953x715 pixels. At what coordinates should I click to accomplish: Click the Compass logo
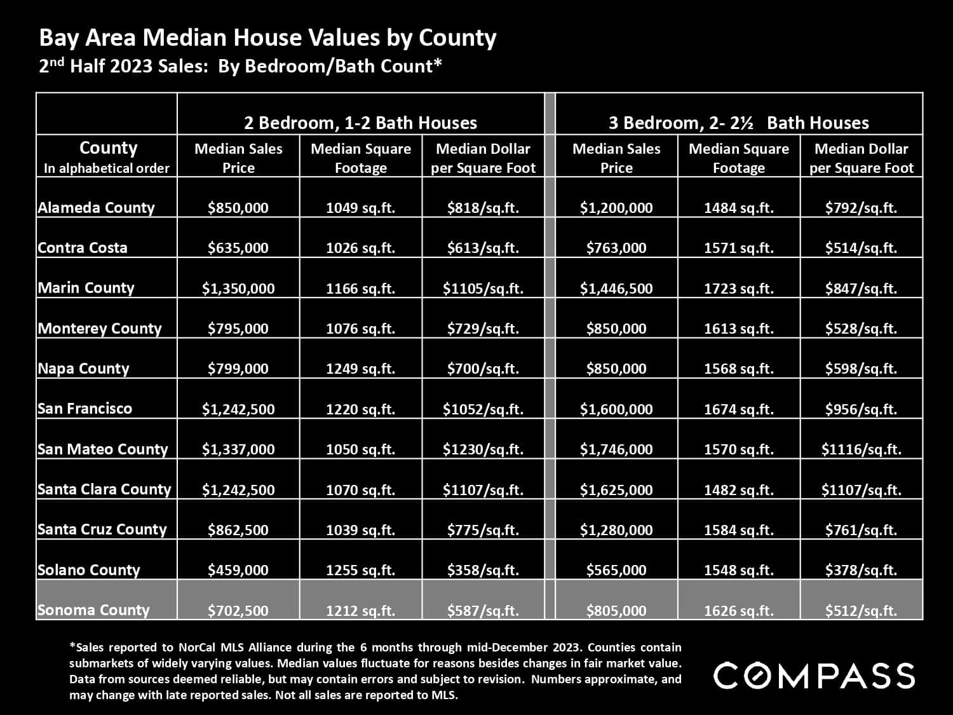coord(814,675)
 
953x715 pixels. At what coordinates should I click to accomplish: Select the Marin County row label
coord(86,288)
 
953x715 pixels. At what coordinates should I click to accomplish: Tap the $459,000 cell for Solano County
coord(238,570)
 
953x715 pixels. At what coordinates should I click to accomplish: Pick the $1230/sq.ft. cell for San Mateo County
coord(483,449)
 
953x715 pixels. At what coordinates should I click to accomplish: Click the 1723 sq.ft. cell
coord(738,289)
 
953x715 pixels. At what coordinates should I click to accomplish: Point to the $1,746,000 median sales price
coord(616,449)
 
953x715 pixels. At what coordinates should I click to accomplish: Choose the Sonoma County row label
coord(93,610)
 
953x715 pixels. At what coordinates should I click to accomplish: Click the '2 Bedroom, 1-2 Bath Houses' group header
coord(361,123)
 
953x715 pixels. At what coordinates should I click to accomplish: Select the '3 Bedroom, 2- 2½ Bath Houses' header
coord(738,123)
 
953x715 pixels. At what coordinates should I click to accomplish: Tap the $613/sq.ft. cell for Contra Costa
coord(483,248)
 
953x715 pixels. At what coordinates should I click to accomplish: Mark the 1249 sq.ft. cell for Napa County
coord(360,369)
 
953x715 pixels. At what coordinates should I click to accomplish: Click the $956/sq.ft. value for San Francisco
coord(861,409)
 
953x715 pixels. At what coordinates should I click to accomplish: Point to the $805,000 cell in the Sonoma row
coord(616,611)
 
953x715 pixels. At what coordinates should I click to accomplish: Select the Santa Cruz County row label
coord(102,529)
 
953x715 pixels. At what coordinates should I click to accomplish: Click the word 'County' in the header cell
coord(108,148)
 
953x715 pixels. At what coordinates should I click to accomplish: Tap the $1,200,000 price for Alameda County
coord(616,208)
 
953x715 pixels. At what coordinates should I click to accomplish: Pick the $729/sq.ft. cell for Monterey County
coord(483,329)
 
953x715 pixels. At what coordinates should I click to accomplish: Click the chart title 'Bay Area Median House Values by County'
coord(267,38)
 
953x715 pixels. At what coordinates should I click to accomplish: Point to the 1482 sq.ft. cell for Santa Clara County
coord(738,490)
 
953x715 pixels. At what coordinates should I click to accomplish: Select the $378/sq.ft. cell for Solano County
coord(861,570)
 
